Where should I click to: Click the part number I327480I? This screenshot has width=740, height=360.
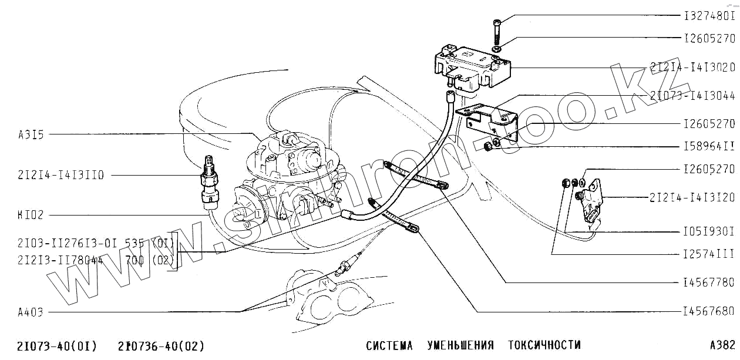point(709,16)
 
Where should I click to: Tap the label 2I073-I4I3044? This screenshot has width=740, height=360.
point(692,95)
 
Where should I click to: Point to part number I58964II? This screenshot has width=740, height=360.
point(709,146)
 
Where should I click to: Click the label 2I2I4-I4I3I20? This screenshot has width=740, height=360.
point(692,197)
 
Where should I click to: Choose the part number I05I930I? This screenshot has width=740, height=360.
point(709,231)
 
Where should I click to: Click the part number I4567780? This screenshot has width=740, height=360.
point(709,282)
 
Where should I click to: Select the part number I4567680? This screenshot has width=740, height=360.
point(709,311)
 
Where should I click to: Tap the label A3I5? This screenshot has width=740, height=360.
point(31,134)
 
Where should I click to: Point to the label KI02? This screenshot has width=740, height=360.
point(31,215)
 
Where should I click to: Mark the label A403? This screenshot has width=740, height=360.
point(31,312)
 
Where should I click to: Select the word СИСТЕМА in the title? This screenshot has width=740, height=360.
point(389,345)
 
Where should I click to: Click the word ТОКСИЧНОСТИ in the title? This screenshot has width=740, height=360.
point(544,345)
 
